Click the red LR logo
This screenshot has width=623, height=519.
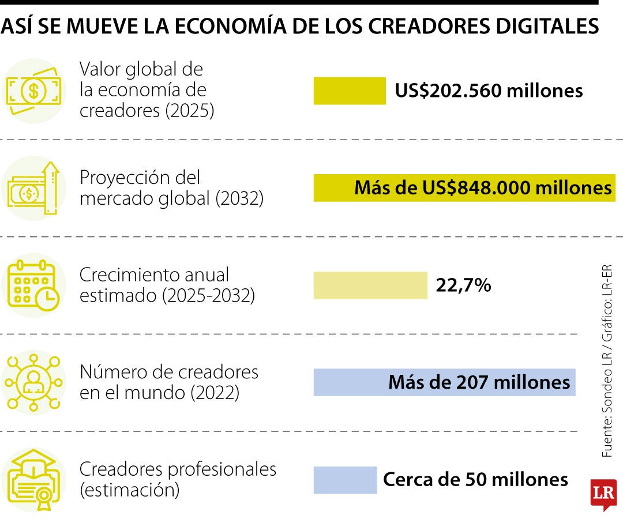tap(603, 493)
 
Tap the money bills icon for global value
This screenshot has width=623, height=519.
tap(33, 91)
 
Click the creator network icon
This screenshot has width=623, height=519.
tap(33, 382)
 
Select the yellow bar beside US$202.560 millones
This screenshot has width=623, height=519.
tap(350, 91)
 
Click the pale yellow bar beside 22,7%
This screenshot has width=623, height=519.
tap(370, 285)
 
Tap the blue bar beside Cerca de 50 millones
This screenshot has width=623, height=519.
tap(345, 480)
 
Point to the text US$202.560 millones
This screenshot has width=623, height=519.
tap(489, 91)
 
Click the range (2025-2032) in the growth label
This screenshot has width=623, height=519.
tap(208, 296)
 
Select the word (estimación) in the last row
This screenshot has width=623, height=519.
tap(129, 491)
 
